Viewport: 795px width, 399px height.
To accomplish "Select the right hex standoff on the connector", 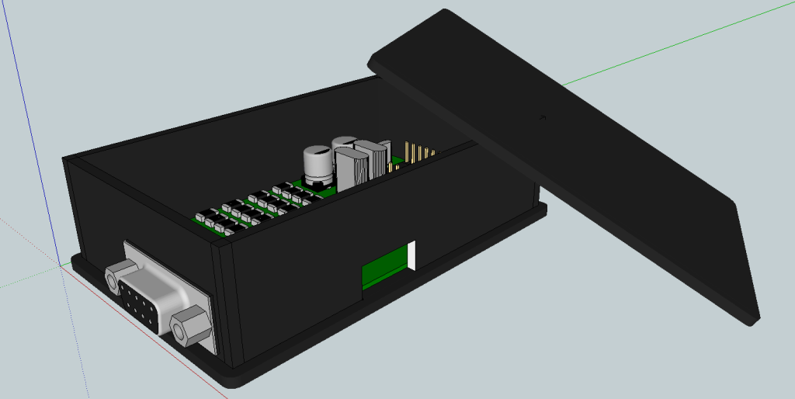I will click(187, 326).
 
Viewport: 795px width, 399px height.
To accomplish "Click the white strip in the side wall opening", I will click(413, 256).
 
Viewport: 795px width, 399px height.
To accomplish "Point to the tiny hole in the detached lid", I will click(543, 118).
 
